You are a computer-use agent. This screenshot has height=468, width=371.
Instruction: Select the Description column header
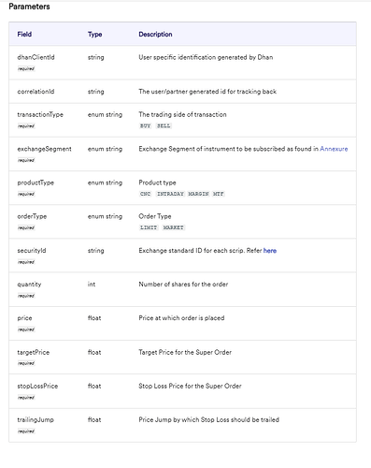point(155,34)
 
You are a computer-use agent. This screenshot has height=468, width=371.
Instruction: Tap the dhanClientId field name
point(36,57)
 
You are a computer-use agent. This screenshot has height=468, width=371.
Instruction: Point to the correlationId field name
point(36,91)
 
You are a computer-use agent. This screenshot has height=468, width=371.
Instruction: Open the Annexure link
point(334,148)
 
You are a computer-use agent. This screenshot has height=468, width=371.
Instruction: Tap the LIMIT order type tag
point(148,227)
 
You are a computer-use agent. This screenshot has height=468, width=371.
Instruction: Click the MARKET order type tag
point(174,227)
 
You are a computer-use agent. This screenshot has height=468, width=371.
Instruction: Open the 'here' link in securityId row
point(269,251)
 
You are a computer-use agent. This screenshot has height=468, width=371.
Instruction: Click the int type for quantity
point(92,284)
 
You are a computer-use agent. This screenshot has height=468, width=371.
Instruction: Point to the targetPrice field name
point(34,352)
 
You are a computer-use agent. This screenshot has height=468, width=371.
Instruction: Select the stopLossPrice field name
point(37,386)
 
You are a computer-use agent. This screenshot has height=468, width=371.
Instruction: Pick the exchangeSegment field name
point(41,148)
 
